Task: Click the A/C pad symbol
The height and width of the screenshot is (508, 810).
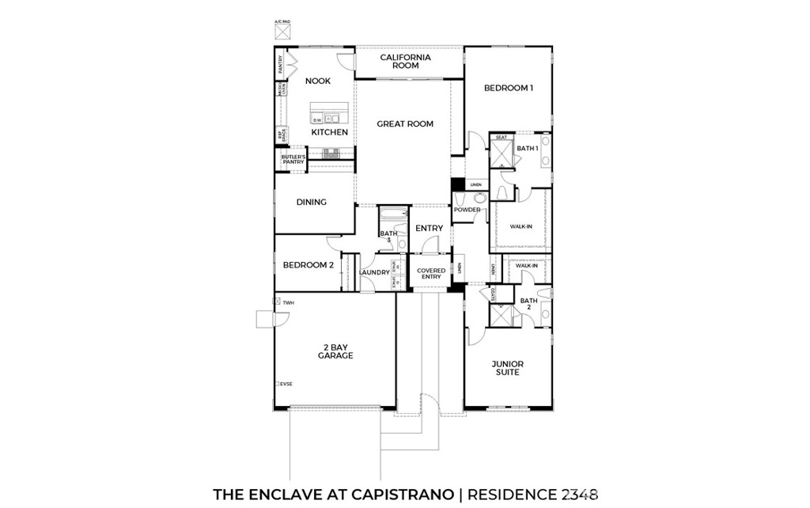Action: coord(283,31)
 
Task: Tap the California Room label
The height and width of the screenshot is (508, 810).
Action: coord(406,62)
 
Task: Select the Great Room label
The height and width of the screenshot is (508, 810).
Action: coord(405,123)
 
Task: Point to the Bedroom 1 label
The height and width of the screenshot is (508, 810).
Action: coord(508,88)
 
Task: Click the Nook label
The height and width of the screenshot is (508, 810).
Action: coord(318,81)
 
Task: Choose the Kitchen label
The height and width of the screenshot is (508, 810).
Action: coord(329,132)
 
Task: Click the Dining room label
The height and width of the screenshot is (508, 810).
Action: coord(312,202)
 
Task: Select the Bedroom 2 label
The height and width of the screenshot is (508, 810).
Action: coord(308,265)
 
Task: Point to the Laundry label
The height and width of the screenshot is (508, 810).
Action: coord(374,273)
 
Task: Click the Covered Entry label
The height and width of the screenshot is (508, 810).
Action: coord(431,274)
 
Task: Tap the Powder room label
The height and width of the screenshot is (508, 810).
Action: coord(467,210)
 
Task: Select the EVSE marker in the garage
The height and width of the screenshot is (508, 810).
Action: coord(284,384)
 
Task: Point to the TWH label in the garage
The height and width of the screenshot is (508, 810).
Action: coord(288,302)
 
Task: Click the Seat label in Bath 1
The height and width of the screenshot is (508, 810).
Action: coord(501,138)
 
